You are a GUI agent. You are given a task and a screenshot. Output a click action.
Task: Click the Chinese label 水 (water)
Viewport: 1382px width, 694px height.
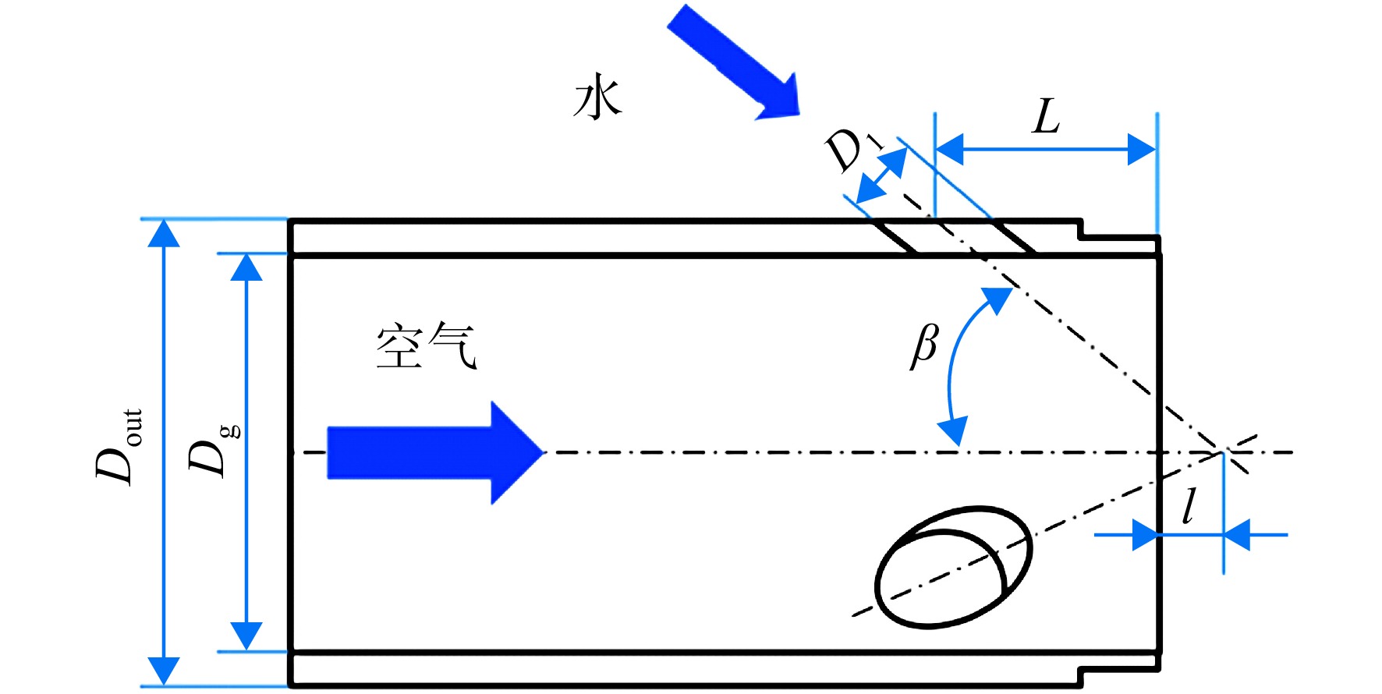[x=597, y=97]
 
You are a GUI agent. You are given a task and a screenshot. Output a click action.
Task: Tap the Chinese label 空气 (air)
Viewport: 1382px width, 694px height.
[x=426, y=345]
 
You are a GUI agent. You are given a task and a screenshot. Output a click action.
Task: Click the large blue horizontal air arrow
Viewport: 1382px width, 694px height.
[x=434, y=452]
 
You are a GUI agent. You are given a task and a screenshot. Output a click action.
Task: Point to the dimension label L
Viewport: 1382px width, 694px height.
[x=1046, y=117]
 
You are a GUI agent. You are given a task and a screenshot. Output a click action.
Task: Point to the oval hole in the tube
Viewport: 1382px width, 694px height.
[x=953, y=567]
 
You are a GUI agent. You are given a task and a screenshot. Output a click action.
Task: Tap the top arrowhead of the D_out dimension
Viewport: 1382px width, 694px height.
[x=164, y=232]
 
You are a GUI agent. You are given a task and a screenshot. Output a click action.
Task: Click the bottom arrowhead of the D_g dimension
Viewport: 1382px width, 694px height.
[x=246, y=636]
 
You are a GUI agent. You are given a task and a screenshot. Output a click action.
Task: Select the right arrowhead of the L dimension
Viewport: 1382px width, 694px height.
[x=1143, y=149]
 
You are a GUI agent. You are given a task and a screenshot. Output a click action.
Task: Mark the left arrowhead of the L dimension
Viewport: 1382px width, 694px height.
[x=949, y=149]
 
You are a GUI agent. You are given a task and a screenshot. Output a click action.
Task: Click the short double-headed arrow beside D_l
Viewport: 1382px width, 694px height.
[x=882, y=175]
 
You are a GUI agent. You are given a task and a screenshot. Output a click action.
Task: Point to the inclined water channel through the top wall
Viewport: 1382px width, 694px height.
[x=954, y=237]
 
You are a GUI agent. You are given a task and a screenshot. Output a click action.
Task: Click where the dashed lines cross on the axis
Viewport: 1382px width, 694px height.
[x=1223, y=451]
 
